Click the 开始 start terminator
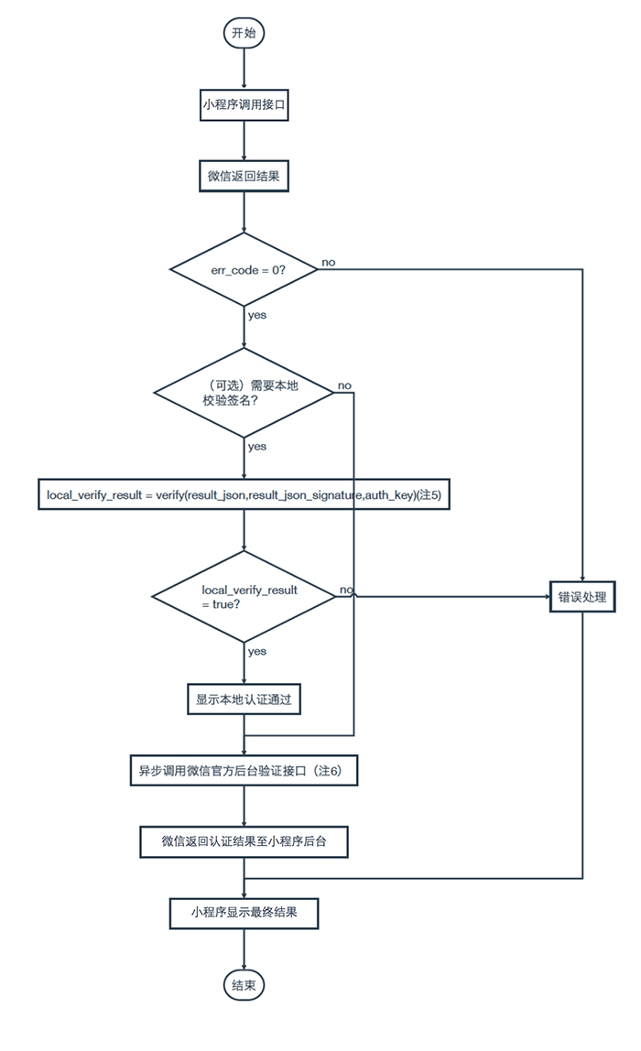pyautogui.click(x=244, y=33)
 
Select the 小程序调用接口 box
pyautogui.click(x=244, y=104)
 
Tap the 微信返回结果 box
pyautogui.click(x=244, y=177)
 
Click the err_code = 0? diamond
pyautogui.click(x=244, y=269)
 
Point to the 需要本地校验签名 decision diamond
pyautogui.click(x=244, y=393)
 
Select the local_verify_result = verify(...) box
pyautogui.click(x=244, y=495)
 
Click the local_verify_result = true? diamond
pyautogui.click(x=244, y=597)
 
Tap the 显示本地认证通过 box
pyautogui.click(x=244, y=699)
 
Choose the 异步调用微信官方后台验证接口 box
pyautogui.click(x=244, y=771)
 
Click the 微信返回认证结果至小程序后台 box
pyautogui.click(x=244, y=841)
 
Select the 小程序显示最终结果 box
pyautogui.click(x=244, y=912)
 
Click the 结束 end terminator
pyautogui.click(x=244, y=985)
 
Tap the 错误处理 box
pyautogui.click(x=582, y=597)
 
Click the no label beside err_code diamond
pyautogui.click(x=329, y=262)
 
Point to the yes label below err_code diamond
pyautogui.click(x=256, y=315)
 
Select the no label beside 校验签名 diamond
pyautogui.click(x=344, y=385)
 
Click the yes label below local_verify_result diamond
pyautogui.click(x=256, y=652)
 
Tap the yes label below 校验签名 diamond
pyautogui.click(x=256, y=447)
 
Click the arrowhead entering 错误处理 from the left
pyautogui.click(x=547, y=597)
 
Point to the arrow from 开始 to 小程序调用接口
pyautogui.click(x=244, y=70)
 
